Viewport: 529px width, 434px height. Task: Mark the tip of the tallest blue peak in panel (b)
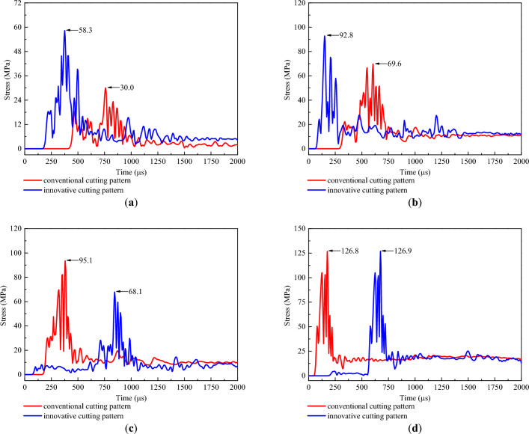click(x=325, y=35)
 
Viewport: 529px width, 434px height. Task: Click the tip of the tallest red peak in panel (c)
click(x=65, y=260)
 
